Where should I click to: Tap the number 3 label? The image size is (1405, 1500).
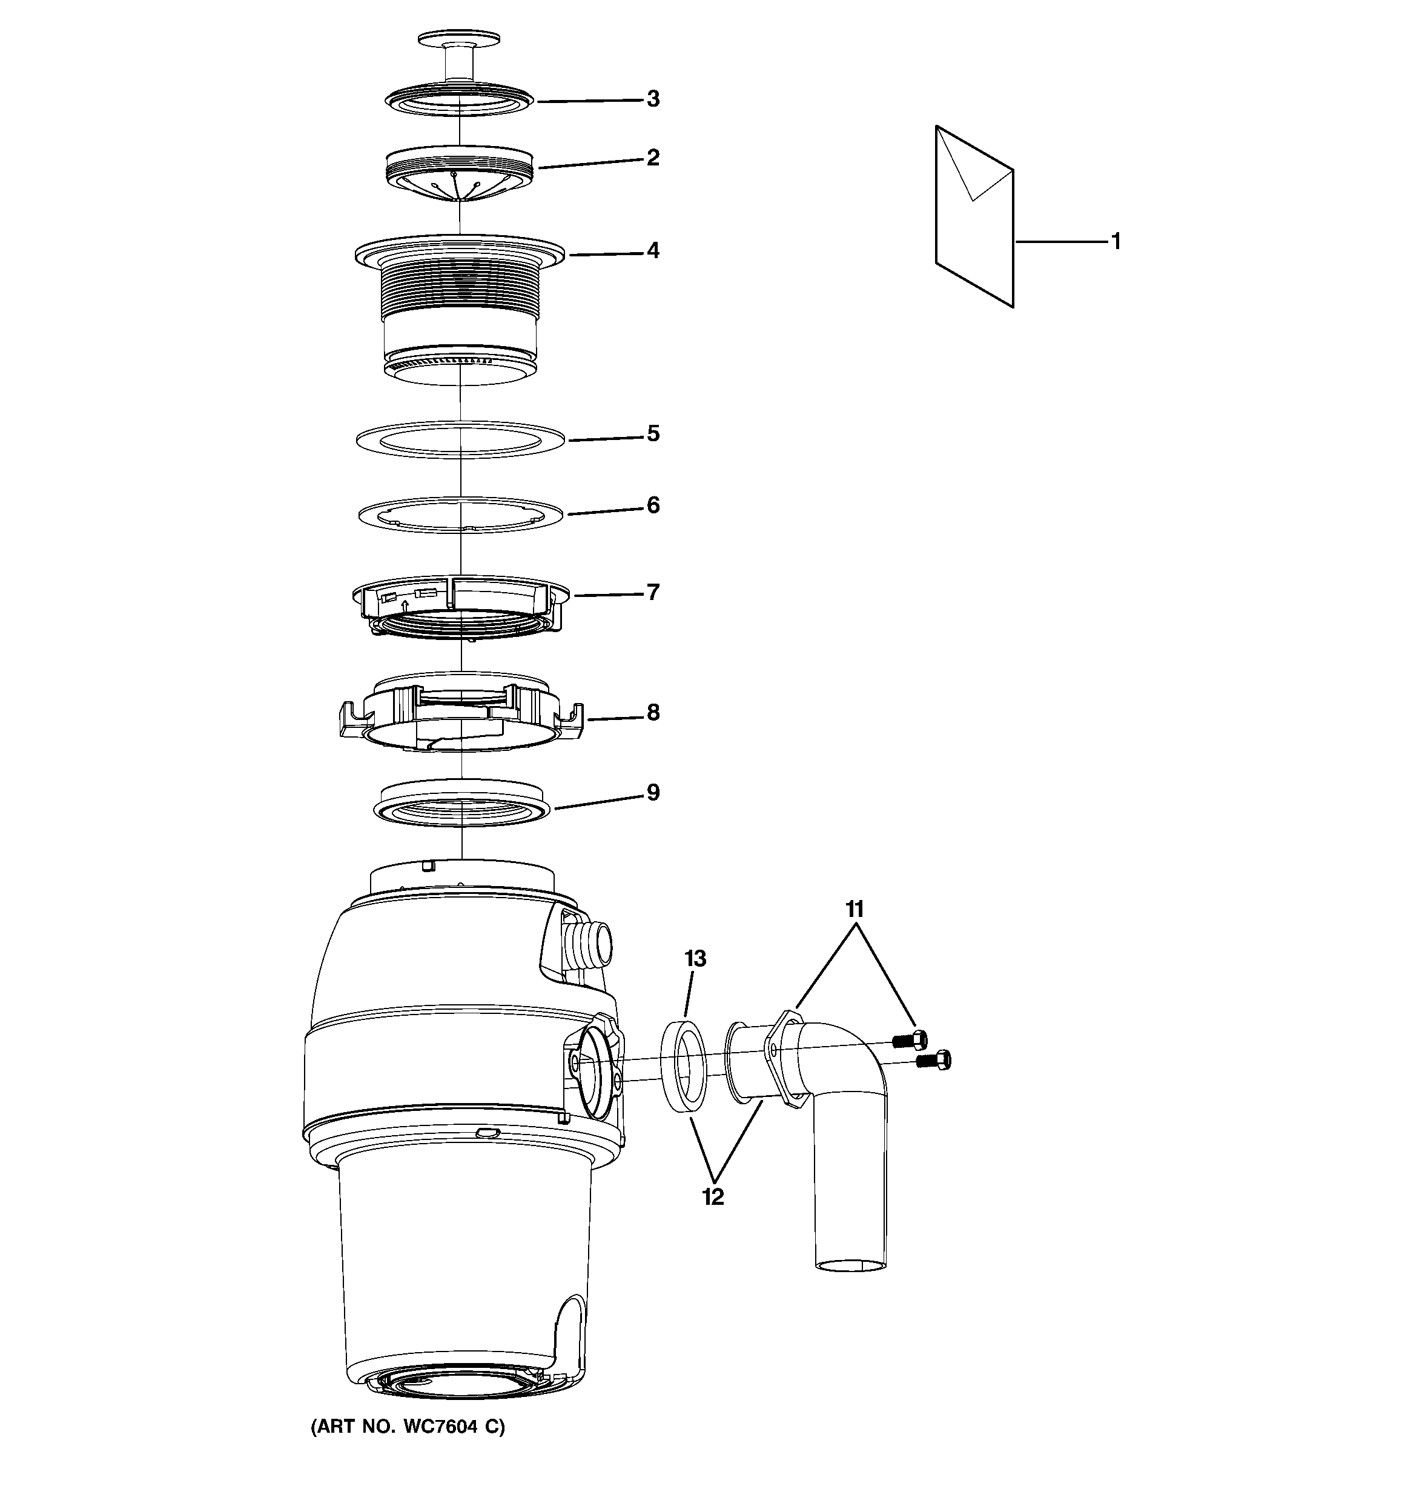pos(653,99)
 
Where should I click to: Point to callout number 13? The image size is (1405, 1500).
pos(695,959)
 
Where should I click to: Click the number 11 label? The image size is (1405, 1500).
pos(854,909)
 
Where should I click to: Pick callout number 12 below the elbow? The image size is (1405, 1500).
pos(713,1197)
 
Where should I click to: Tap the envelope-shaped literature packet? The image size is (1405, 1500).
pos(974,216)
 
